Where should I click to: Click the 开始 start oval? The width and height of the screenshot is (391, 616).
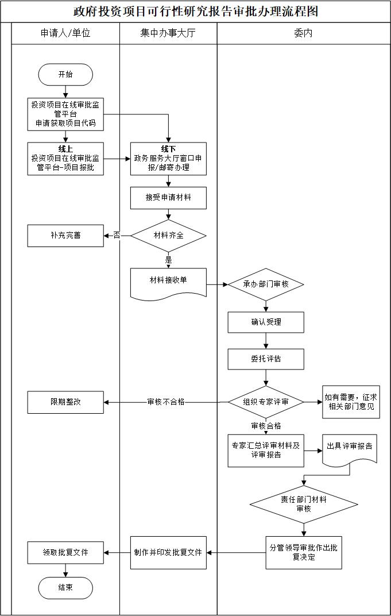65,74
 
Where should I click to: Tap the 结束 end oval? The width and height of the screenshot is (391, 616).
65,588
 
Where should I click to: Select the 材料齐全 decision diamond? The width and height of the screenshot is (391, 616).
168,236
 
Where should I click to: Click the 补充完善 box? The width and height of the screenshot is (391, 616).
65,236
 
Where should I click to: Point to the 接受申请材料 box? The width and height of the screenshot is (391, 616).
168,198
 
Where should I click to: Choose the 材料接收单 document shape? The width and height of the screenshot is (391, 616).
168,281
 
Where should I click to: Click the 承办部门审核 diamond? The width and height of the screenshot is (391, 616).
266,284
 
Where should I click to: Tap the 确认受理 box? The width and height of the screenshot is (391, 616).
266,322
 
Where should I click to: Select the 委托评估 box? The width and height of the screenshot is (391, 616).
266,359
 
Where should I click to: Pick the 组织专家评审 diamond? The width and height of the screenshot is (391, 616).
266,402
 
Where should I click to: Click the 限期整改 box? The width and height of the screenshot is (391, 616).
65,402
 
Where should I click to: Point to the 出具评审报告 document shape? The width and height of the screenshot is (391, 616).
349,447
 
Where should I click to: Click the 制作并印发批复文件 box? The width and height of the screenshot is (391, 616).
168,553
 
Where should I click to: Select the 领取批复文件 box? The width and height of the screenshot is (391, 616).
65,553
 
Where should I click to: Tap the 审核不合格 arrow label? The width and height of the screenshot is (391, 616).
166,402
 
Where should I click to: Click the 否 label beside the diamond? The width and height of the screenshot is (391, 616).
117,236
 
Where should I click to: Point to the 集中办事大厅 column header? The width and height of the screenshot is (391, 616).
168,33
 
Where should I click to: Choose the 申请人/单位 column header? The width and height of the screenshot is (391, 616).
65,33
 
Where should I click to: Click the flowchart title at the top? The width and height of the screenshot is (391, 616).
196,11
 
